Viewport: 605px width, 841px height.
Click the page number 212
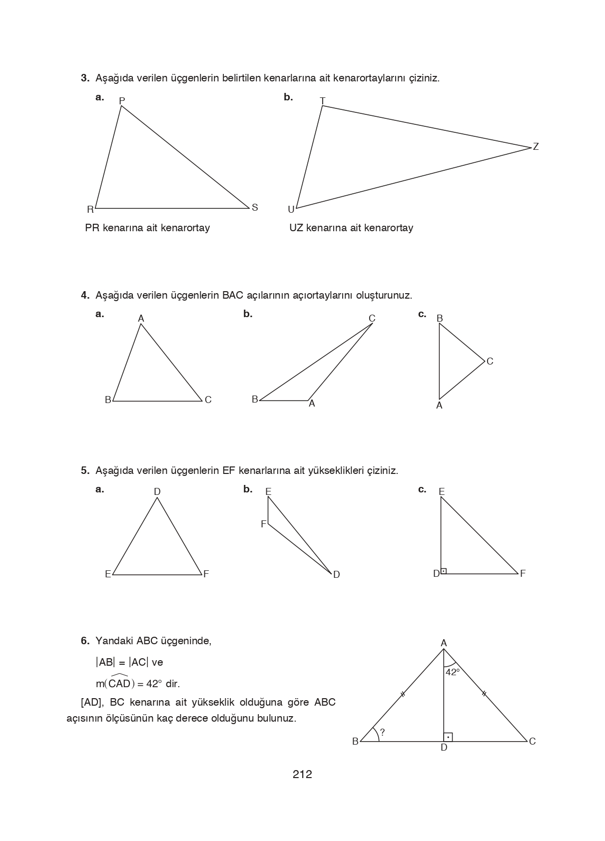302,775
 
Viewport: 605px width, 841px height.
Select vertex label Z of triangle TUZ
536,147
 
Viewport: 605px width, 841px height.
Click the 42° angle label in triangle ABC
453,672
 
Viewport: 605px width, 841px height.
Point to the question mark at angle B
382,733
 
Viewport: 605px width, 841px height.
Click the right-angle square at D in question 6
448,737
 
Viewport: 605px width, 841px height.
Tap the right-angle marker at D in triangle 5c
444,570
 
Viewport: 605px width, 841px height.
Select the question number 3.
85,78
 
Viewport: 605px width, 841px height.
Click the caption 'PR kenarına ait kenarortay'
147,228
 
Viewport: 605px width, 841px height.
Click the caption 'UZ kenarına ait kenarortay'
351,228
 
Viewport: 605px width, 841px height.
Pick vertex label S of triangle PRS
255,208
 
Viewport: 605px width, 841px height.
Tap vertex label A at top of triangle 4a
141,319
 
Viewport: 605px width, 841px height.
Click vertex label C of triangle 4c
490,362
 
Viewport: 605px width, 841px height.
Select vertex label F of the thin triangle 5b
263,524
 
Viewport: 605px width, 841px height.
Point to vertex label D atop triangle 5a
157,492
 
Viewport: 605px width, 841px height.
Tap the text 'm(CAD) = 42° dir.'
138,683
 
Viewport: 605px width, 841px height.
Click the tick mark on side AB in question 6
402,694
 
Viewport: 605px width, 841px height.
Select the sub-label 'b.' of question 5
248,489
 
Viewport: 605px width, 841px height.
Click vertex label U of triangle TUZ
291,210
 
